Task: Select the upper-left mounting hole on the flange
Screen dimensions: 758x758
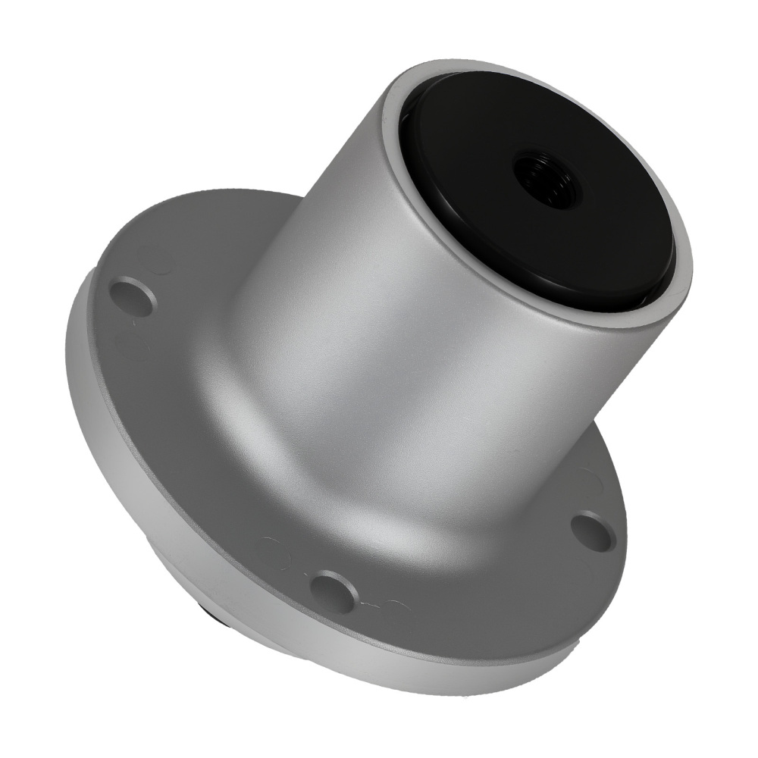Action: click(133, 296)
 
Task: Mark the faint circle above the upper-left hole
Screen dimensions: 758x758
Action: click(155, 262)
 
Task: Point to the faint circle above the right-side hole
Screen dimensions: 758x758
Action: click(591, 481)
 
